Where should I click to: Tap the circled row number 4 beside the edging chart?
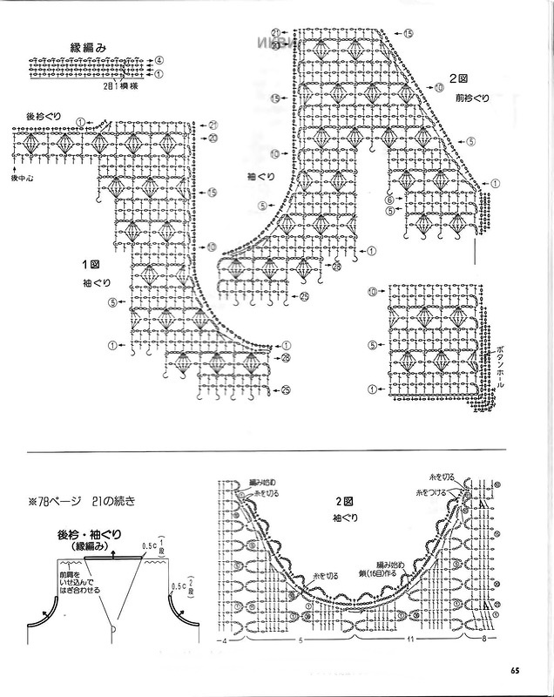pos(159,59)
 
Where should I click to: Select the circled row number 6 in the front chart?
pos(388,200)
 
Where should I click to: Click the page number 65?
pos(516,670)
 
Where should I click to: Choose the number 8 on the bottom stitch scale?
pos(483,642)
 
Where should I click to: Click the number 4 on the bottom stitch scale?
pos(224,642)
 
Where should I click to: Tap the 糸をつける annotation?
pos(434,492)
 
